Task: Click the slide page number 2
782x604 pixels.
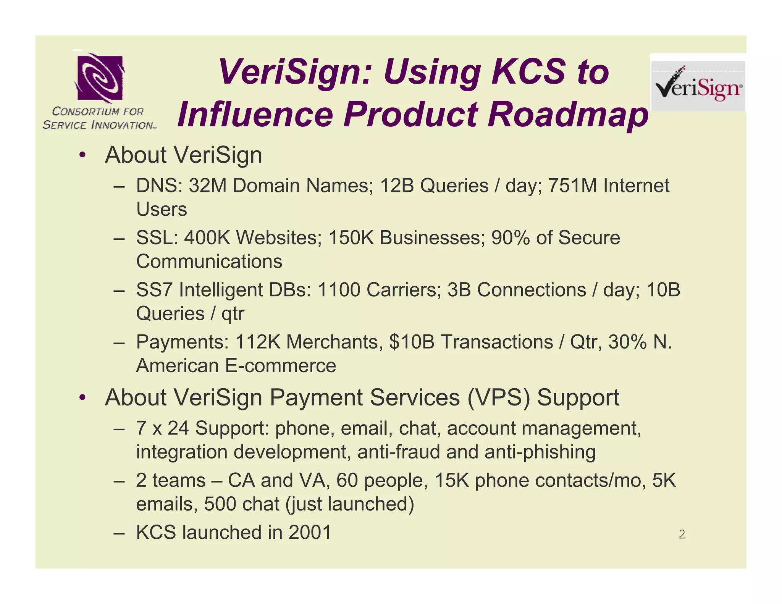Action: click(x=682, y=535)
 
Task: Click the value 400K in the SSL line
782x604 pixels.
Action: click(x=207, y=238)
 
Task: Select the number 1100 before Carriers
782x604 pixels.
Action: click(x=339, y=290)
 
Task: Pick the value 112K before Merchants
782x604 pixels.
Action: click(x=258, y=342)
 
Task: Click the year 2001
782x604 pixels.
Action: click(x=310, y=533)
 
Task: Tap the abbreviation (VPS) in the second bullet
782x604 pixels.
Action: click(x=499, y=397)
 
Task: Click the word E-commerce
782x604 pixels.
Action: click(x=280, y=366)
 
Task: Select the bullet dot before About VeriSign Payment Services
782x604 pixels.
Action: click(x=82, y=398)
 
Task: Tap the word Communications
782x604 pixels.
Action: click(x=209, y=262)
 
